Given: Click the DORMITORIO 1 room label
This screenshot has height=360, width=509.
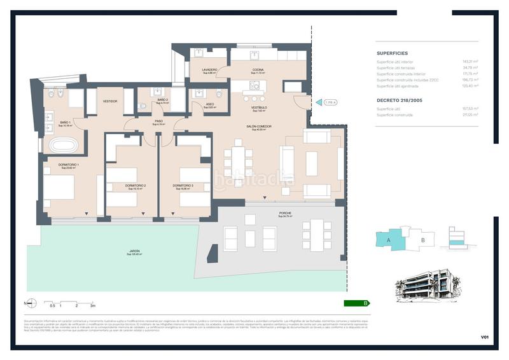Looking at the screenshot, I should [x=68, y=165].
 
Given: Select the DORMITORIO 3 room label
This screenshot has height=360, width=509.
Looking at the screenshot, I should [x=183, y=185].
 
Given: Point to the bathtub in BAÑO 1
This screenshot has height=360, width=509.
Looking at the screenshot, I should [x=64, y=146].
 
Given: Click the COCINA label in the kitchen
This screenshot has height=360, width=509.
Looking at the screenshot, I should [x=258, y=70].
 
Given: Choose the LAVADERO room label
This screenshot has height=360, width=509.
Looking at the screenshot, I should [x=210, y=70].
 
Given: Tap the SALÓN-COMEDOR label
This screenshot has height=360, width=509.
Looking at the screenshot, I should [x=259, y=127].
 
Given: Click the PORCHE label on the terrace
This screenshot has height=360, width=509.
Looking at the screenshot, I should [x=285, y=213].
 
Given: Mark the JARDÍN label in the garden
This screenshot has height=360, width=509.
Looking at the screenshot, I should [x=134, y=251].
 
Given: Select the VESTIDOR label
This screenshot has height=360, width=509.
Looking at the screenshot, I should [x=110, y=101].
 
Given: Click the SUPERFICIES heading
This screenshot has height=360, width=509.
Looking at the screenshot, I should [x=392, y=53].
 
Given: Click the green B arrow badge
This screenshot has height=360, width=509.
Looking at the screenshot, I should [x=356, y=303].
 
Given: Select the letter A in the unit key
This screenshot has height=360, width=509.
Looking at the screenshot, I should [x=387, y=240].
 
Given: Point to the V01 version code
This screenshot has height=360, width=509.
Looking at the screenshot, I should [x=485, y=336].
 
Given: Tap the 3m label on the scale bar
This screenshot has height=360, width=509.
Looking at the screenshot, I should [x=93, y=306].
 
